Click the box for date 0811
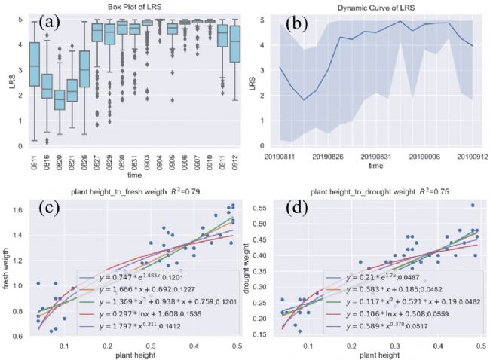[34, 66]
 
